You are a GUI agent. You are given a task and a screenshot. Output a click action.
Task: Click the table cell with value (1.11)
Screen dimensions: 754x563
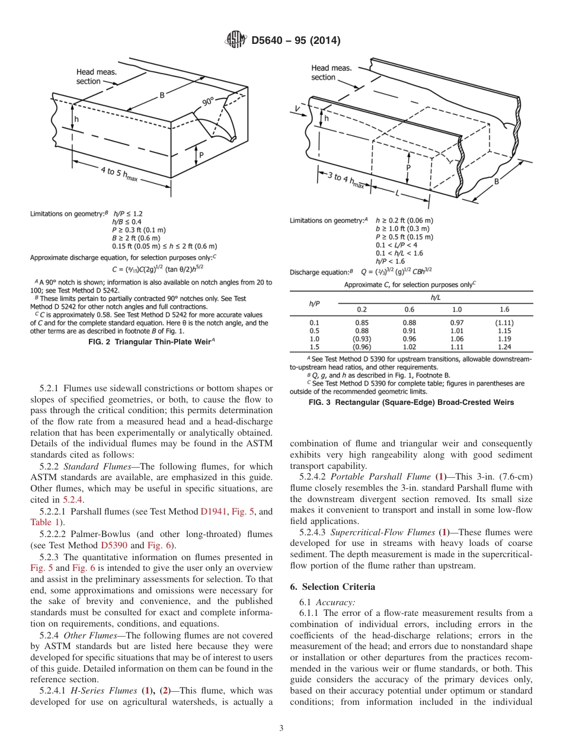pos(504,322)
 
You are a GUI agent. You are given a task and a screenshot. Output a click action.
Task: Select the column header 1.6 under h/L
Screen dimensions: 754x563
pos(504,309)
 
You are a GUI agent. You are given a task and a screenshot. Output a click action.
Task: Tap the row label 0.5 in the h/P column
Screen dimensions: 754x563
pos(315,331)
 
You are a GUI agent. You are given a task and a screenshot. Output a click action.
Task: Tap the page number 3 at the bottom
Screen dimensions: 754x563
pos(281,728)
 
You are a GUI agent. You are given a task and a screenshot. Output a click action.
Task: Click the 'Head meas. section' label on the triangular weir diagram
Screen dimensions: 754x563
pos(95,76)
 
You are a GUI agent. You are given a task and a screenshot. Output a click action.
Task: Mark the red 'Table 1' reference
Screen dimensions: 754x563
pos(44,522)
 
